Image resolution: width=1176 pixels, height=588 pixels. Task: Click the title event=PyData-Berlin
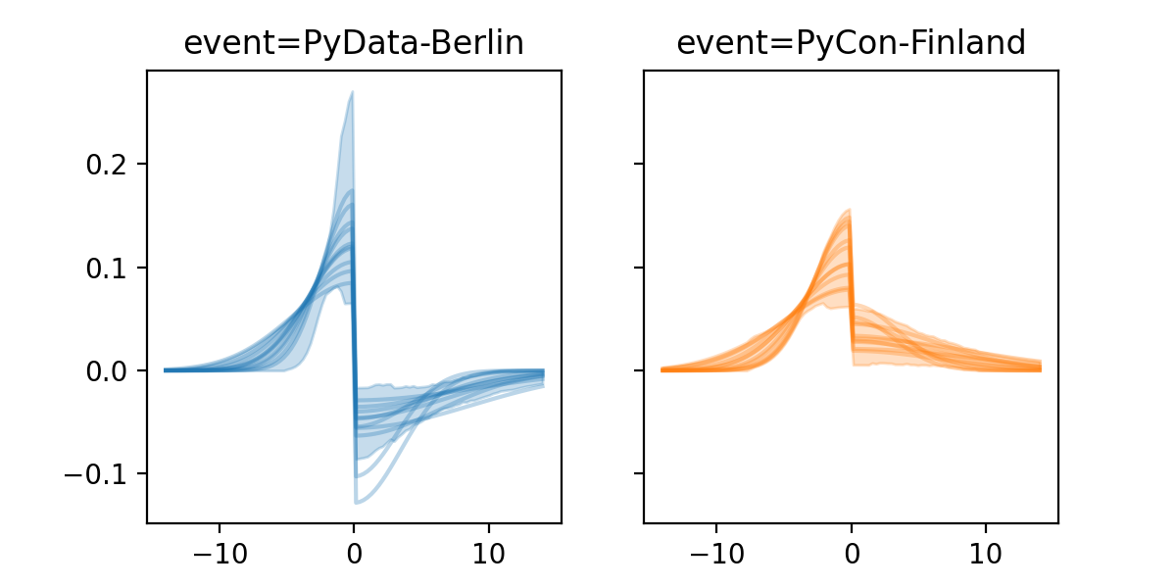pos(354,43)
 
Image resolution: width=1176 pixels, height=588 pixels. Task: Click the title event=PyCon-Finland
pos(851,43)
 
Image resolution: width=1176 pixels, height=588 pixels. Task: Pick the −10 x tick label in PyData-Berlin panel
pos(219,552)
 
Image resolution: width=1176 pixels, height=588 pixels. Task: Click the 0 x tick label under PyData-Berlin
pos(354,552)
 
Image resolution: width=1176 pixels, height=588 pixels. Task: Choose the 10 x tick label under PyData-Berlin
pos(489,552)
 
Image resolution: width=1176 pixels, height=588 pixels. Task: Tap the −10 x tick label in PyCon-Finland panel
pos(715,552)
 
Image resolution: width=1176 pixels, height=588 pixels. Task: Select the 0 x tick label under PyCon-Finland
pos(851,552)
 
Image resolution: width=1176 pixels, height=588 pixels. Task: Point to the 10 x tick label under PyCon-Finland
pos(986,552)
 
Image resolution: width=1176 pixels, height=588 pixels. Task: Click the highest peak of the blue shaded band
pos(352,93)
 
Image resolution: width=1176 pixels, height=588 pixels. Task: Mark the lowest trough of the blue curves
pos(357,503)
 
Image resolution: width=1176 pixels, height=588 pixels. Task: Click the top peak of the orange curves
pos(849,210)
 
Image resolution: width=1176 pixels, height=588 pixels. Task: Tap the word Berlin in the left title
pos(481,43)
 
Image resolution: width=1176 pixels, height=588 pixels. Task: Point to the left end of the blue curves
pos(165,369)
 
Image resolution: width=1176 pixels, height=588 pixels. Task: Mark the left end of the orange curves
pos(662,369)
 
